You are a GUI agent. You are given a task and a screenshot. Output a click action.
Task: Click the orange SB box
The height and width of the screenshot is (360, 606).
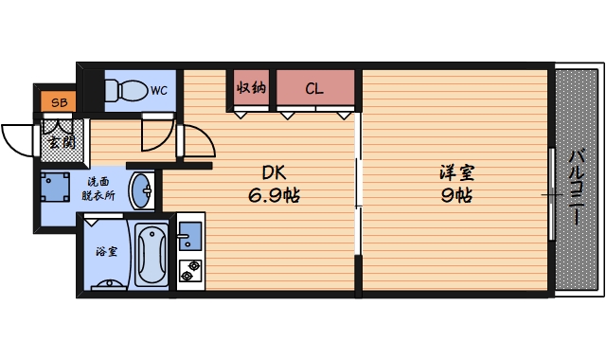(x=59, y=100)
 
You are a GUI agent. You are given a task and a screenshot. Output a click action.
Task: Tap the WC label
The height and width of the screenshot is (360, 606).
(x=158, y=90)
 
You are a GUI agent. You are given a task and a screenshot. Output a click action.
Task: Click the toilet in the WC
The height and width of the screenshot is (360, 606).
(x=125, y=91)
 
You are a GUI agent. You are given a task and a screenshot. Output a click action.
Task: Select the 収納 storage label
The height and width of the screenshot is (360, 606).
(x=250, y=89)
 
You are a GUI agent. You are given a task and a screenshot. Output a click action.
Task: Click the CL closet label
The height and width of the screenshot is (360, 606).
(x=314, y=90)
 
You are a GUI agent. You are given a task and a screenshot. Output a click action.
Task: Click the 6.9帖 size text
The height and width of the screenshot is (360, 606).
(x=275, y=196)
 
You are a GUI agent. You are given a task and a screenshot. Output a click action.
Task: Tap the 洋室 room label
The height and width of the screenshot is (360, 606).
(x=456, y=174)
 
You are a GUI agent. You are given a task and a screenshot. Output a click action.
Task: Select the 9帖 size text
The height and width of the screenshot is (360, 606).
(x=456, y=196)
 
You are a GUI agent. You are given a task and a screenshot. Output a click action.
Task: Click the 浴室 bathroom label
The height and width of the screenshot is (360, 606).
(x=106, y=253)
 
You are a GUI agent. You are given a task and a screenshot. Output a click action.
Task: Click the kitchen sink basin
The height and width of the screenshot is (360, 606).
(x=189, y=234)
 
